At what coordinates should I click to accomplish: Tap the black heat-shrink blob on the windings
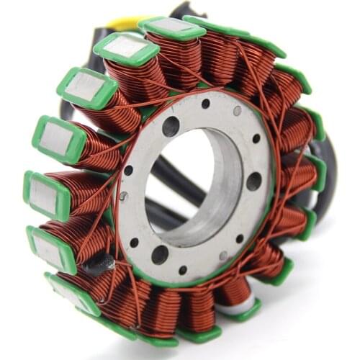[96, 265]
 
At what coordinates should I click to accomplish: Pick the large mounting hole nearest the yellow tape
[171, 127]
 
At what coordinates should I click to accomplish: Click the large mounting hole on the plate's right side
[253, 181]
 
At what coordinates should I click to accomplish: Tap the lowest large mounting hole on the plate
[160, 254]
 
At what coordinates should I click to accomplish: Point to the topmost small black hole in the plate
[206, 104]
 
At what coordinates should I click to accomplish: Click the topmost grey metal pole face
[171, 26]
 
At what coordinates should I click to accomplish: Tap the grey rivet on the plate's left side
[124, 195]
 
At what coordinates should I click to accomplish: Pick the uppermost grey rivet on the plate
[237, 111]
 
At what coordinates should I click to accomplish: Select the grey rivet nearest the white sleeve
[222, 256]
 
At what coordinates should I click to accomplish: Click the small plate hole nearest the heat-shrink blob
[134, 243]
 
